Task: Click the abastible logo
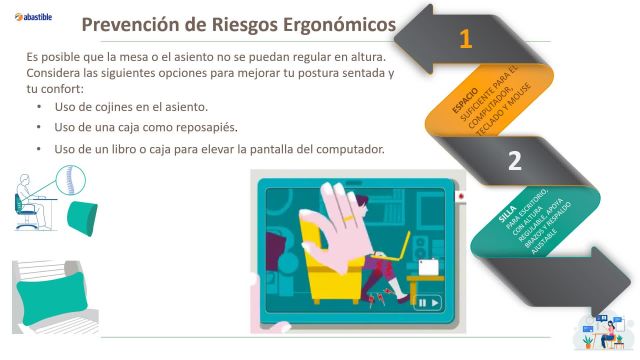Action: [36, 17]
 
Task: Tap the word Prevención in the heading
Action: [133, 25]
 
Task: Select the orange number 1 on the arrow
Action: [465, 39]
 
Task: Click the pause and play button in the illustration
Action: [429, 301]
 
